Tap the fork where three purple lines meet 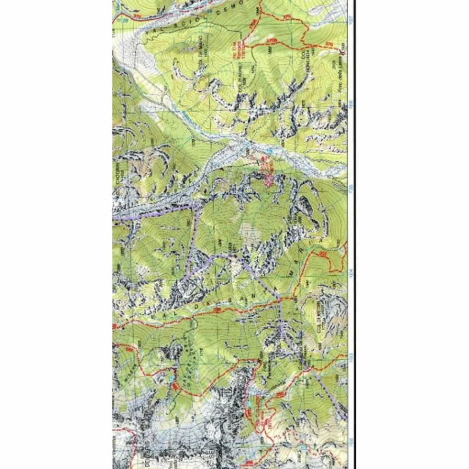(x=212, y=257)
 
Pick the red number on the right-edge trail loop (x=322, y=253)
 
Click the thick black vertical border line (x=355, y=229)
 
